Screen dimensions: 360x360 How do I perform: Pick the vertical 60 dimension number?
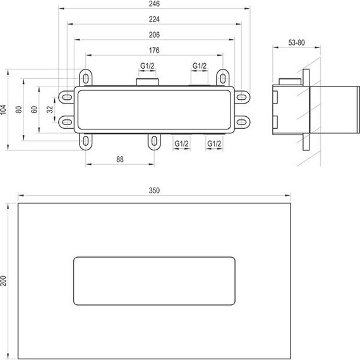35,109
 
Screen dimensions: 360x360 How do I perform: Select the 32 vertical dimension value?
49,109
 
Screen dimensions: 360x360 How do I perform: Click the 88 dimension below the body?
119,160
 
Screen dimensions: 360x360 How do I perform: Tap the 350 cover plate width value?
155,190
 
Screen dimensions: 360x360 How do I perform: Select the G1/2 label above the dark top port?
147,66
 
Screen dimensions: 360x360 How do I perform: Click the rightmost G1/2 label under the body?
214,144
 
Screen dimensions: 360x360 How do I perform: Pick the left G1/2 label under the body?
181,144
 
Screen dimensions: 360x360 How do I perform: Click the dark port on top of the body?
147,82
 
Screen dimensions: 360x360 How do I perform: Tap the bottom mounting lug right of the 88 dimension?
153,141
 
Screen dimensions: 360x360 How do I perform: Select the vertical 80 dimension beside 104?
20,109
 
